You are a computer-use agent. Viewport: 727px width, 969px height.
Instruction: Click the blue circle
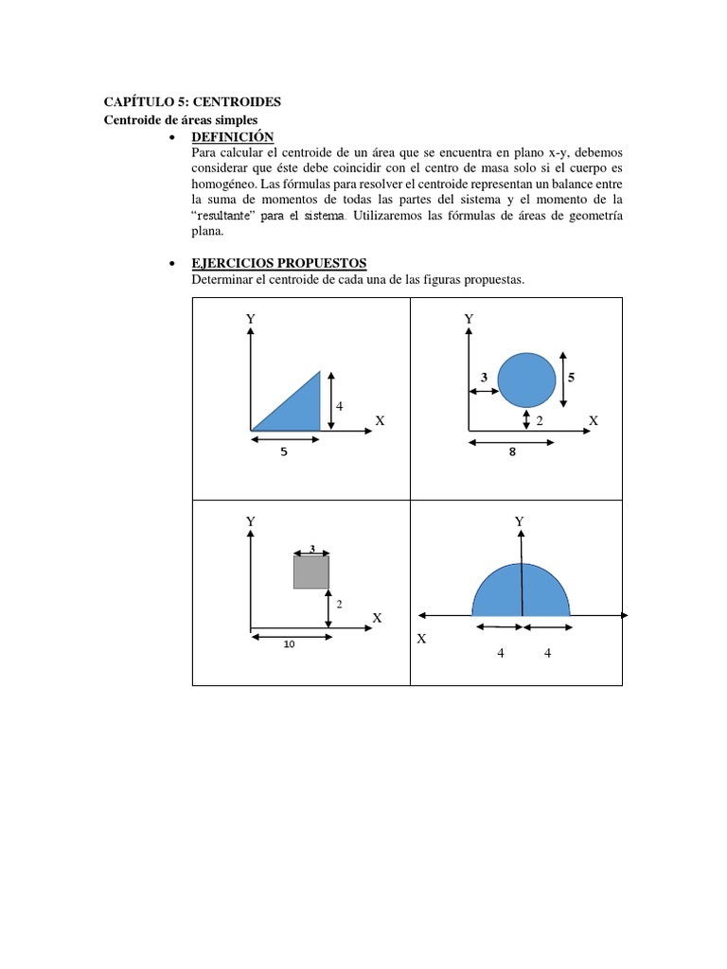[x=526, y=379]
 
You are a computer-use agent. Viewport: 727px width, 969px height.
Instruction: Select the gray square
[x=310, y=572]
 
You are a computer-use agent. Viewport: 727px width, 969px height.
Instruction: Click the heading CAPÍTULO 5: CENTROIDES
[x=191, y=102]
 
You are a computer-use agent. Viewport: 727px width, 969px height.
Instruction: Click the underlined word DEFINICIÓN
[x=232, y=138]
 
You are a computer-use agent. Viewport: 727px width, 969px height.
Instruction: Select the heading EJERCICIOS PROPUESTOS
[x=278, y=263]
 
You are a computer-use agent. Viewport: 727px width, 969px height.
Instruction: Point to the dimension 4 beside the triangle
[x=339, y=406]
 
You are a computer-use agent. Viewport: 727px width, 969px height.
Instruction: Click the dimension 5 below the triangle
[x=283, y=452]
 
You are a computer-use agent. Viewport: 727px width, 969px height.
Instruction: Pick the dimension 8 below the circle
[x=512, y=452]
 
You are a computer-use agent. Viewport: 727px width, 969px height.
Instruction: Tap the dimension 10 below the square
[x=289, y=645]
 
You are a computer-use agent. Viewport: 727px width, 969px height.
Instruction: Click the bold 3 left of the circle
[x=484, y=378]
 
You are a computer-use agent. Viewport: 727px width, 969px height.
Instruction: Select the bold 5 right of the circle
[x=571, y=377]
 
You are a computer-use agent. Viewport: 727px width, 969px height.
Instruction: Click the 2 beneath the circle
[x=540, y=420]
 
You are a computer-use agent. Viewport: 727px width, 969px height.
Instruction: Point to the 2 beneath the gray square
[x=339, y=604]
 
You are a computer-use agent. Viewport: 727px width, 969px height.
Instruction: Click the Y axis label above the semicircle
[x=519, y=521]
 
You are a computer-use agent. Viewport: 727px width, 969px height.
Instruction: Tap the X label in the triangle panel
[x=380, y=419]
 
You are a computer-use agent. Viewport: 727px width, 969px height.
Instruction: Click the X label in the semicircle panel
[x=421, y=639]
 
